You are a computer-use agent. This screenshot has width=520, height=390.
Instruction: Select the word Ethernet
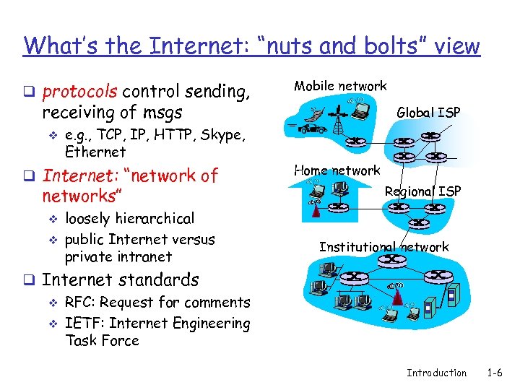tap(95, 152)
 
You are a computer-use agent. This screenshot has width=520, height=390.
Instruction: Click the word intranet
tap(146, 256)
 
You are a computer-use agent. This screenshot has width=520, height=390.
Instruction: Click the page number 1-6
tap(494, 373)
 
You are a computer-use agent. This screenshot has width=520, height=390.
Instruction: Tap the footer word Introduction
tap(436, 373)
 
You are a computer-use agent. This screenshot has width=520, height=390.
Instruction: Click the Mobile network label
tap(339, 86)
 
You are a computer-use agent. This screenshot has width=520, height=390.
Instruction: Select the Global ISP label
tap(429, 112)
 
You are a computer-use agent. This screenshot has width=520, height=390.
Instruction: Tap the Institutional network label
tap(383, 247)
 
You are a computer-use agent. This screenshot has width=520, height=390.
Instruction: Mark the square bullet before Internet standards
tap(29, 280)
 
